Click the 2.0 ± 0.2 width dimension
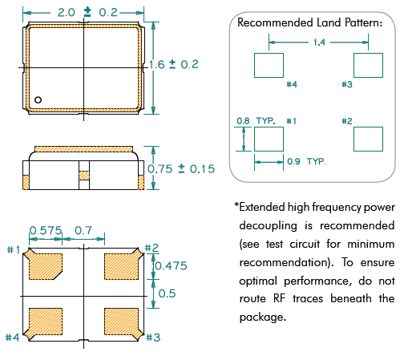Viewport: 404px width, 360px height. [87, 12]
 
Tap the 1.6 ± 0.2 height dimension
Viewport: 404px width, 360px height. [174, 64]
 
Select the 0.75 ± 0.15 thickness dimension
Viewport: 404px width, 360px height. [181, 169]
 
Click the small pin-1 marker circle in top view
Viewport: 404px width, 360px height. [38, 99]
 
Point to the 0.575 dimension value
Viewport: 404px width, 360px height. [46, 230]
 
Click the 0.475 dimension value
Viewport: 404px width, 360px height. [172, 266]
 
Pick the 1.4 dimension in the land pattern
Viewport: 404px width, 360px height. [319, 42]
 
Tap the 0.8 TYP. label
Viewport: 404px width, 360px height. [256, 121]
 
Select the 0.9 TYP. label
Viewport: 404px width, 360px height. [306, 161]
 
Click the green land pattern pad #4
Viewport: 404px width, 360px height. [269, 65]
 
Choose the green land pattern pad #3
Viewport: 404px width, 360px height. [368, 65]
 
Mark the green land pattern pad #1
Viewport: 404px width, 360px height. [269, 139]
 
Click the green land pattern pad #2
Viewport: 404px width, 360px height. [368, 139]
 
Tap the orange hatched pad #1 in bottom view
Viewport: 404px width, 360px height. [44, 265]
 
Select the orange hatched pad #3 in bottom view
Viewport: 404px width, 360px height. [123, 323]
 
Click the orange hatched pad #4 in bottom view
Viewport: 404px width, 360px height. [44, 323]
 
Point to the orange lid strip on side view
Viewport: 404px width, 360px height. [83, 149]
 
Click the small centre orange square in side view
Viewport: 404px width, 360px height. [84, 176]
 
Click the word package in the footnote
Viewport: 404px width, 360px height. [263, 318]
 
